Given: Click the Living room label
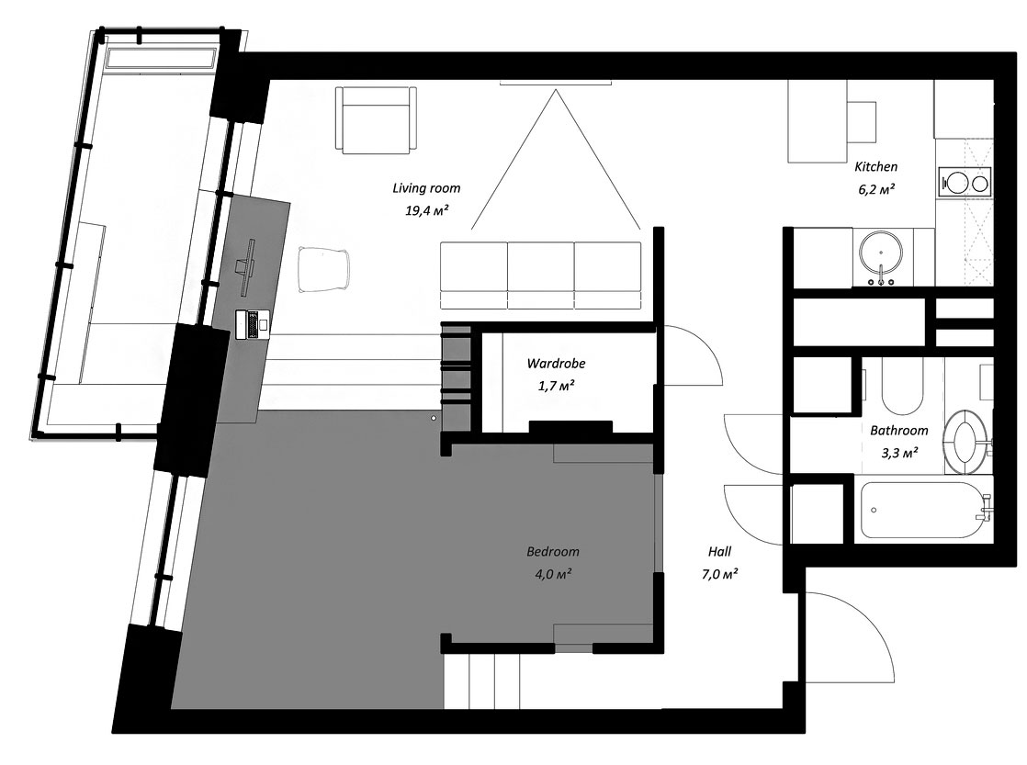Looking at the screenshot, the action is tap(426, 188).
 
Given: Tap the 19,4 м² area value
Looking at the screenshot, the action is tap(426, 210).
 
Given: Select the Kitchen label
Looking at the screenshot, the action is tap(875, 167).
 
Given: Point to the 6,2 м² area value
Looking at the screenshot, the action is tap(876, 189).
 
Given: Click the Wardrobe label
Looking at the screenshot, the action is tap(556, 364).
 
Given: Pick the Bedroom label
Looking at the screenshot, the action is tap(553, 552).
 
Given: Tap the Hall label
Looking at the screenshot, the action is tap(720, 552).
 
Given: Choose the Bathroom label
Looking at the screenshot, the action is tap(898, 431).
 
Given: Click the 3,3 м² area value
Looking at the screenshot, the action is tap(898, 453).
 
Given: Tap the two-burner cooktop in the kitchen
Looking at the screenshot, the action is tap(965, 182).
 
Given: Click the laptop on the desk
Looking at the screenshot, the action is tap(253, 323).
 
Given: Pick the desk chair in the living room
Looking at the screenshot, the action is tap(324, 268).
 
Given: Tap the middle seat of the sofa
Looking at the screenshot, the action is tap(541, 276).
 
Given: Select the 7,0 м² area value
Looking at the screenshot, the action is tap(720, 574).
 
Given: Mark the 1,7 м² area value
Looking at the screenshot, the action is tap(556, 386).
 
